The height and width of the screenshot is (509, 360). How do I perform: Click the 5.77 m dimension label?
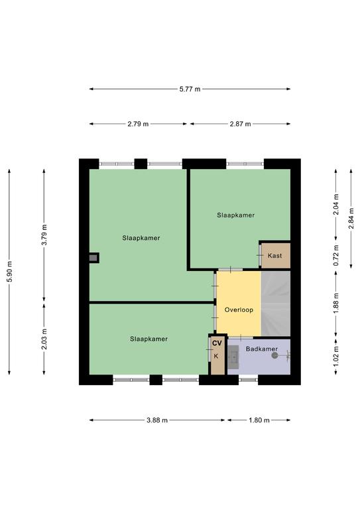click(190, 89)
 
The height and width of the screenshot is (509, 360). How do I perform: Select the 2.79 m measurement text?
click(138, 124)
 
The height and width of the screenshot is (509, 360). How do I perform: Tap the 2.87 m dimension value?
click(240, 124)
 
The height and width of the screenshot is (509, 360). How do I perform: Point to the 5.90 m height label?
click(9, 271)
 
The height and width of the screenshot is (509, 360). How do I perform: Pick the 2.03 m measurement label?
click(44, 339)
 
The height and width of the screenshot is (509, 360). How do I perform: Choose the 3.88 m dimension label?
click(157, 420)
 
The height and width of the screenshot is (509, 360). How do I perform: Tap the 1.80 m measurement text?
click(259, 420)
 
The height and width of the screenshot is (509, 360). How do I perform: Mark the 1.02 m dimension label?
click(336, 356)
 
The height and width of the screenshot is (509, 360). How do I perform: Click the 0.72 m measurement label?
click(336, 255)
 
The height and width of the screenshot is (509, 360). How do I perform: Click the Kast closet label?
click(275, 256)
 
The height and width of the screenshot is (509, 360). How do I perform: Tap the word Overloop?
click(239, 310)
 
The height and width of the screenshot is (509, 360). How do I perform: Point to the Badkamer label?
click(262, 349)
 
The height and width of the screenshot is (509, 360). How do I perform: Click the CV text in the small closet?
click(217, 343)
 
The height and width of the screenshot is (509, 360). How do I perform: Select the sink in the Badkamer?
click(233, 357)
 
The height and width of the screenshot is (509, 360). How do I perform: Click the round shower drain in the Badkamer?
click(275, 355)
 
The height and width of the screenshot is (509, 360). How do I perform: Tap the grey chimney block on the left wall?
click(93, 258)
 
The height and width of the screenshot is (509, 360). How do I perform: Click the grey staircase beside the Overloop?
click(276, 304)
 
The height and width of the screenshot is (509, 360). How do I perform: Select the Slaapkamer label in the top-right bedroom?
click(235, 215)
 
